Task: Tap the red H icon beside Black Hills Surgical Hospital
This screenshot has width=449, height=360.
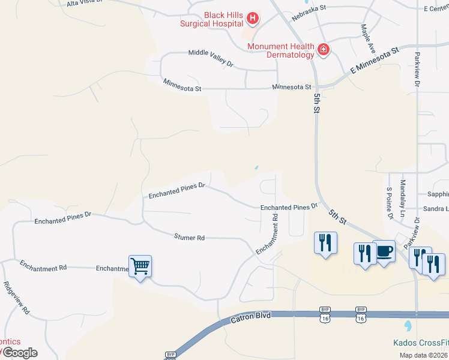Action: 253,19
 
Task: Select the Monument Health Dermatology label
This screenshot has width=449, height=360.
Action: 280,50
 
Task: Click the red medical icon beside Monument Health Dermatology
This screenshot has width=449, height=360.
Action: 324,49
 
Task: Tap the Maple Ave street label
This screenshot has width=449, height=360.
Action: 368,38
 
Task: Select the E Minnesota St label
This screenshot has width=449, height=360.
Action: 375,62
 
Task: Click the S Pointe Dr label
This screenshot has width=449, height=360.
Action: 390,202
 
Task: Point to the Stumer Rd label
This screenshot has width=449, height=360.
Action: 190,238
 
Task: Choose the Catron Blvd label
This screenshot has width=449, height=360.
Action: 251,318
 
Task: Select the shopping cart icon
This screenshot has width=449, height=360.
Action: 140,265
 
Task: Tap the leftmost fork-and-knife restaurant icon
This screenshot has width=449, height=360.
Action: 325,242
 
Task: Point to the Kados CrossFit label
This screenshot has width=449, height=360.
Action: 420,343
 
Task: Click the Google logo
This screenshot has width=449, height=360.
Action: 20,353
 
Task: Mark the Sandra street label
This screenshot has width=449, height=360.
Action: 436,209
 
